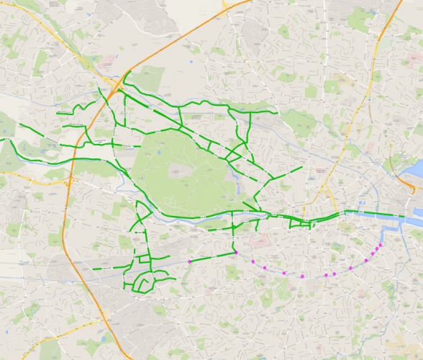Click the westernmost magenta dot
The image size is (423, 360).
[x=189, y=261]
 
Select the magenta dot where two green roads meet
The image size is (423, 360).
[x=236, y=253]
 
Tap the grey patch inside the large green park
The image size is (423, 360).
[x=178, y=171]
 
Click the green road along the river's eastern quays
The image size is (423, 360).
[x=374, y=214]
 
